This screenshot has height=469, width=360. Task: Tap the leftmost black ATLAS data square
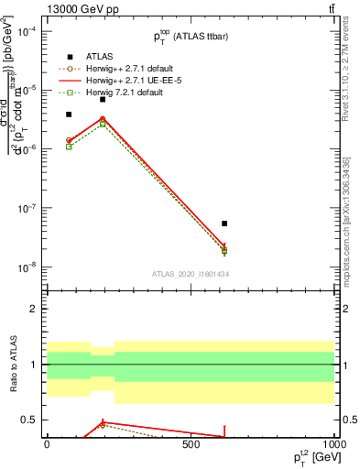(69, 115)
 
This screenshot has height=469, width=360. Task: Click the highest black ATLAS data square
(103, 99)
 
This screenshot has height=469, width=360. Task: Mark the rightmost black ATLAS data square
(224, 224)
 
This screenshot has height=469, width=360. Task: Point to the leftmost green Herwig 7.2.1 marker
(69, 147)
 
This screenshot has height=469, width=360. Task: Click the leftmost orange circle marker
(69, 140)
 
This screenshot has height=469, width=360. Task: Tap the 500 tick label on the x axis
(191, 444)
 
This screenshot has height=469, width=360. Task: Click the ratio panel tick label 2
(34, 309)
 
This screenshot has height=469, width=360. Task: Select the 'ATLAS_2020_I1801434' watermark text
(190, 274)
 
